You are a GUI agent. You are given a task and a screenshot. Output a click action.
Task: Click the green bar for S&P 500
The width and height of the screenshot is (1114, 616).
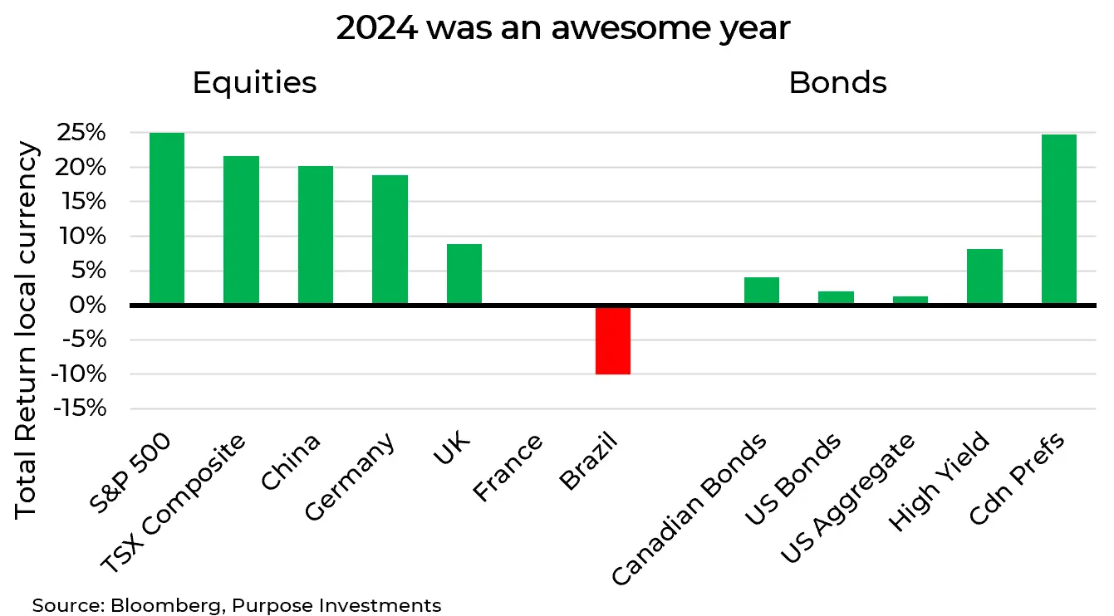point(167,218)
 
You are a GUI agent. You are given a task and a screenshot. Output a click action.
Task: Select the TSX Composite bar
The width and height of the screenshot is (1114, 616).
point(241,230)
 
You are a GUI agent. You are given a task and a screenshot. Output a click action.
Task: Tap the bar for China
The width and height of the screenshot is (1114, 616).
point(316,235)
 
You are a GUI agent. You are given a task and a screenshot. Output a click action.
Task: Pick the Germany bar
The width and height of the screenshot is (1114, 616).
point(390,240)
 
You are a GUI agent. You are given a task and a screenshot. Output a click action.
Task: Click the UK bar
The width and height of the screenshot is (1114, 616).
point(464,274)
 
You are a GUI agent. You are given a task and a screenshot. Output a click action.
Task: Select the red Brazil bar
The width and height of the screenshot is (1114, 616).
point(613,340)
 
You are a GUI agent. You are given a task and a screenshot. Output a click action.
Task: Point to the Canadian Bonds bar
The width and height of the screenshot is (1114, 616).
point(762,291)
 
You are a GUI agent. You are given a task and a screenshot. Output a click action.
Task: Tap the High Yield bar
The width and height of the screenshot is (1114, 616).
point(985,276)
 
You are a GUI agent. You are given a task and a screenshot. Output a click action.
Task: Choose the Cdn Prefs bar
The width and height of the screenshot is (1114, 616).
point(1059,219)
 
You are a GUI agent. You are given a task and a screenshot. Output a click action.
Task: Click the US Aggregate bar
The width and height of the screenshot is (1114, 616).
point(910,301)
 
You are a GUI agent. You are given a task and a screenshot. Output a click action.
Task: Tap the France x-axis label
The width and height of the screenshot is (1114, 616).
point(508,468)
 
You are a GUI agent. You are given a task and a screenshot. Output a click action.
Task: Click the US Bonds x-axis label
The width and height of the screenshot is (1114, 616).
point(793,481)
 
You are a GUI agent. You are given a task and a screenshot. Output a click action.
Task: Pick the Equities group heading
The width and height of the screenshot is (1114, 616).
point(254,83)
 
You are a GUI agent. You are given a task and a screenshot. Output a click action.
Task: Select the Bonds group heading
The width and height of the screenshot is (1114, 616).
point(837,83)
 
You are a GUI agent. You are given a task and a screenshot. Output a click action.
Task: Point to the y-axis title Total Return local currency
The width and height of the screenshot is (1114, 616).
point(27,330)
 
